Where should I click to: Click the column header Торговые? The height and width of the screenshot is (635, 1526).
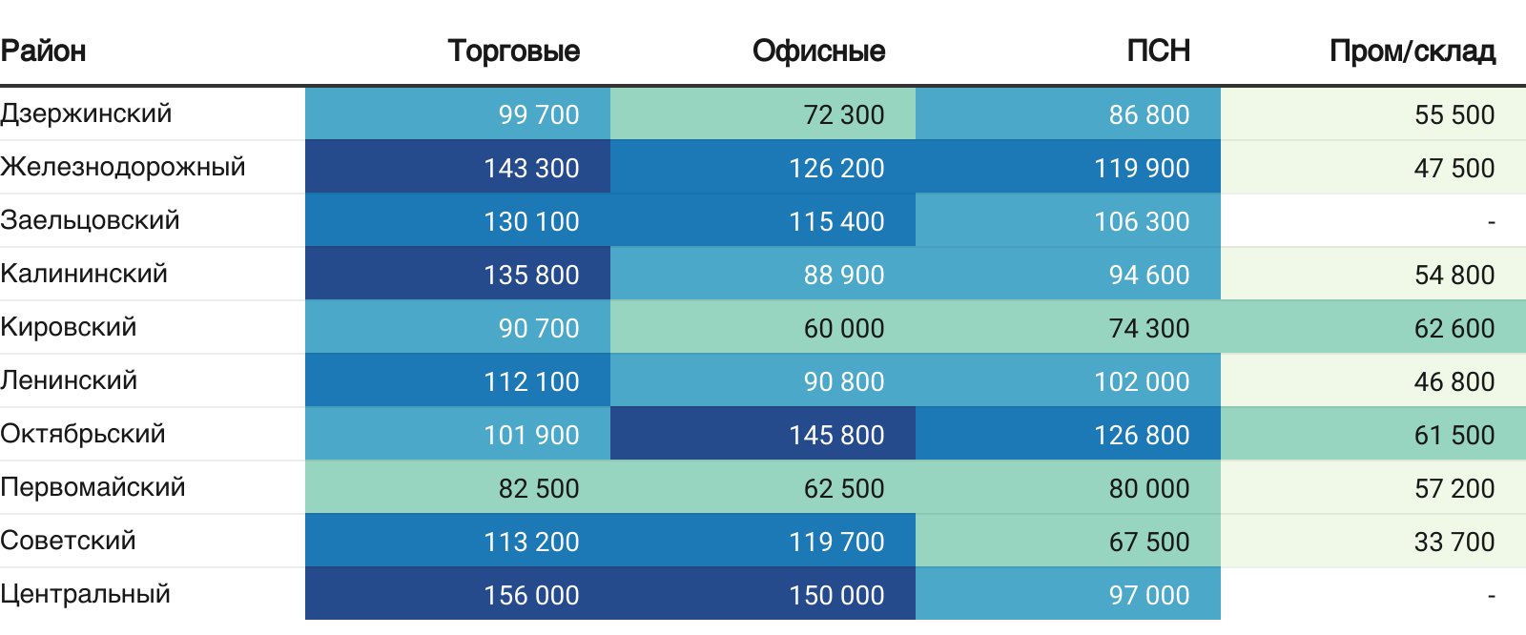[513, 51]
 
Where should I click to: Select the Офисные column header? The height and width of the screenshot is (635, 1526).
[818, 51]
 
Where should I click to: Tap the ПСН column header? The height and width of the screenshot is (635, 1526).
[1158, 51]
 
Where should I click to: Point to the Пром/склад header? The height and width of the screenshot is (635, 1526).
[1412, 51]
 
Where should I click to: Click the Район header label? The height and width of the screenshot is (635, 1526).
[44, 51]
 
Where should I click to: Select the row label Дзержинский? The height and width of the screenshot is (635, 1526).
[86, 113]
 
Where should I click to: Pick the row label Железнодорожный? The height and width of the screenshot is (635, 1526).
[123, 167]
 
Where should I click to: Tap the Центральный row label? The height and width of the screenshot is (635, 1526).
[86, 594]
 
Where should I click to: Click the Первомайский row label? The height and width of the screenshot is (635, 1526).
[93, 487]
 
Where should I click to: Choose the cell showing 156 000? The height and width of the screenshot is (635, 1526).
[531, 595]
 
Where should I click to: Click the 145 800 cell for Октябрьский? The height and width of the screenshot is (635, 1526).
[836, 435]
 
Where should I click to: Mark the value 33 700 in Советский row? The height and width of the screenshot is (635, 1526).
[1454, 542]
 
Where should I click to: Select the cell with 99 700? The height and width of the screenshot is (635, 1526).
[539, 114]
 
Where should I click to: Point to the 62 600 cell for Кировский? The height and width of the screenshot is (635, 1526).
[1454, 328]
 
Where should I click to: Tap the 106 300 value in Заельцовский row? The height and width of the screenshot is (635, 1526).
[1142, 221]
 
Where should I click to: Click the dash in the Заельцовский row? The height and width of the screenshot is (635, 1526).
[1491, 222]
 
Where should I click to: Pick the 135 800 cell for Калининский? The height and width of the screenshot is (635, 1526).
[531, 275]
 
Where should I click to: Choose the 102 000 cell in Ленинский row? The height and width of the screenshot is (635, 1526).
[1142, 381]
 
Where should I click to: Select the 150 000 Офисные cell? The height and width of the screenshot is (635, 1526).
[836, 595]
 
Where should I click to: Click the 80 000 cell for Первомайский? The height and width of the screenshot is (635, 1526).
[1148, 488]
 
